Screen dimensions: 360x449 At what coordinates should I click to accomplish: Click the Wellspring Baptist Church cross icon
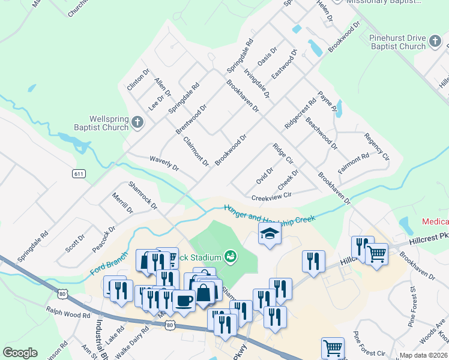(137, 123)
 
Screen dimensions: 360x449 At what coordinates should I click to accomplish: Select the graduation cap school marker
(270, 234)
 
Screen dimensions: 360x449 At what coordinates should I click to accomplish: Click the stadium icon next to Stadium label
(230, 257)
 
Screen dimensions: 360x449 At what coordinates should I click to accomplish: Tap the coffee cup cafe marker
(184, 301)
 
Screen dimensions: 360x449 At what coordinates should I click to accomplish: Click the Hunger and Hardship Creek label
(269, 214)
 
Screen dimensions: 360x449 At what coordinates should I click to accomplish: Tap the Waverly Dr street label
(164, 163)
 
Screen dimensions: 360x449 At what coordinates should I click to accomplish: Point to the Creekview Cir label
(271, 196)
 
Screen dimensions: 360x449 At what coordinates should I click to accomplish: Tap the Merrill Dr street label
(122, 203)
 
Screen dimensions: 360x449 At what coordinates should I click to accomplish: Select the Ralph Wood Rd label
(68, 313)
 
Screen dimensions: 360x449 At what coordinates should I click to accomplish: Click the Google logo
(20, 353)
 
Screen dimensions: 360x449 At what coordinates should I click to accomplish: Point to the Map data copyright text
(423, 355)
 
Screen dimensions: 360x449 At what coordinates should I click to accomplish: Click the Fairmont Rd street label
(353, 163)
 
